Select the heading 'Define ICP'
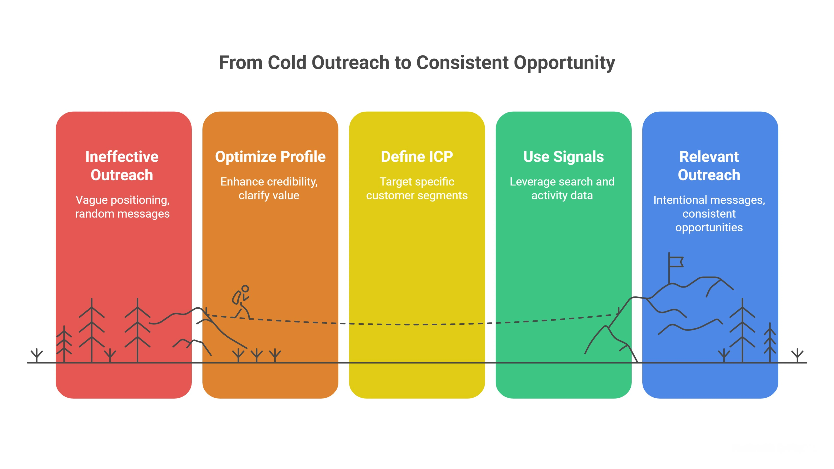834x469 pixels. pyautogui.click(x=417, y=157)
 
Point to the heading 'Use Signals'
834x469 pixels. pyautogui.click(x=563, y=157)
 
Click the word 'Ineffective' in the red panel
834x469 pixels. pyautogui.click(x=122, y=157)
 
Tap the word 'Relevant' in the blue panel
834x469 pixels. pyautogui.click(x=709, y=157)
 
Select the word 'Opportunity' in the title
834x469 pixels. pyautogui.click(x=564, y=63)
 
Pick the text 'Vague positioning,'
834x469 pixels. pyautogui.click(x=122, y=200)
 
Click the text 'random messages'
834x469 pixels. pyautogui.click(x=122, y=214)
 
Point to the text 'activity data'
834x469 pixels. pyautogui.click(x=562, y=196)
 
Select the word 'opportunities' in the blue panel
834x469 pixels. pyautogui.click(x=709, y=228)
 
